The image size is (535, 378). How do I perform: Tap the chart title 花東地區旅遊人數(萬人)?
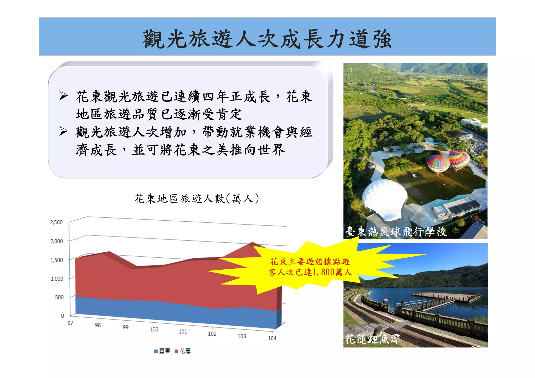(197, 199)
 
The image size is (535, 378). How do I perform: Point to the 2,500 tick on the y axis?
(56, 222)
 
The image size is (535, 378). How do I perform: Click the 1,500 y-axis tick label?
(57, 260)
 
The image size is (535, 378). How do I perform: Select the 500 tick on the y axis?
(59, 297)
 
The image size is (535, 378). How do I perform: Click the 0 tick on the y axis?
(62, 316)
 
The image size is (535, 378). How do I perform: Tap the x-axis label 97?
(70, 323)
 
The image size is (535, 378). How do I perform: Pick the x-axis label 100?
(154, 329)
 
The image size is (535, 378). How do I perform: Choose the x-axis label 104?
(272, 338)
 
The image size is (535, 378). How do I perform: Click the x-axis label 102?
(212, 334)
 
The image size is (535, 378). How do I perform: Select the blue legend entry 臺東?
(162, 351)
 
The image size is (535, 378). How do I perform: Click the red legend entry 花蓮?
(183, 351)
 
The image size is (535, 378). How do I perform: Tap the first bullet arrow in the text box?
(63, 96)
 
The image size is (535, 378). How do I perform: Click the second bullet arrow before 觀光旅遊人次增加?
(63, 131)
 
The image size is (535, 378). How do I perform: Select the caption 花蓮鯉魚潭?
(373, 339)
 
